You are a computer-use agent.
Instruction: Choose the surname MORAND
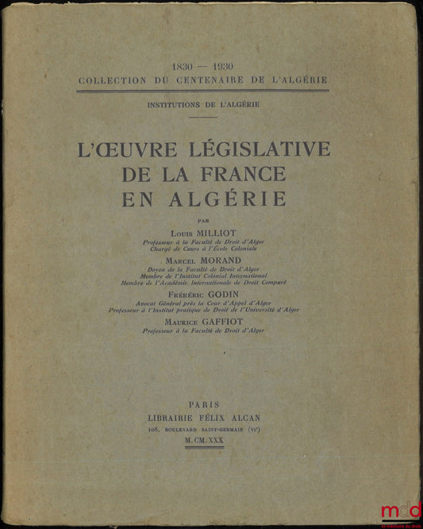(229, 260)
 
